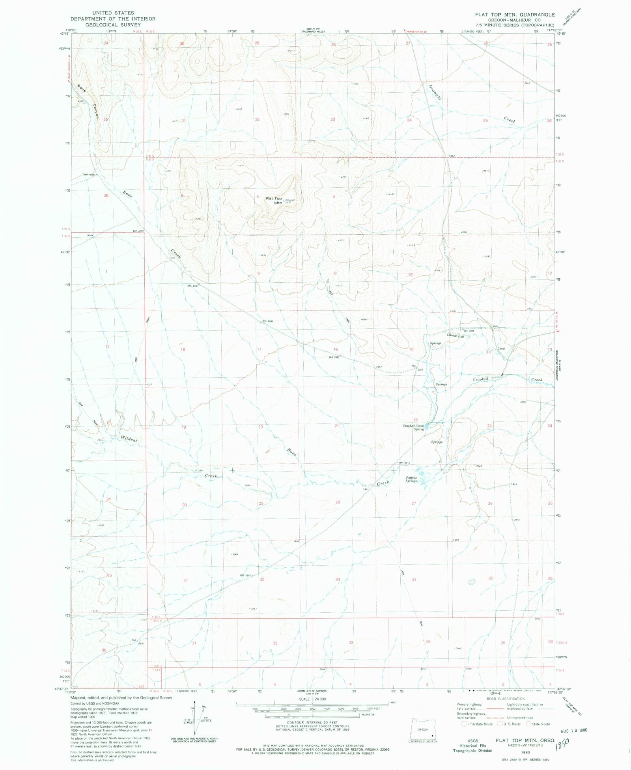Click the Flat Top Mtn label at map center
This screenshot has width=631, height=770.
pyautogui.click(x=274, y=201)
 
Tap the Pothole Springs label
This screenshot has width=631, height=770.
pyautogui.click(x=411, y=479)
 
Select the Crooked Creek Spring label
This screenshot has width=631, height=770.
pyautogui.click(x=413, y=427)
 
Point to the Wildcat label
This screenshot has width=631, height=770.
pyautogui.click(x=129, y=438)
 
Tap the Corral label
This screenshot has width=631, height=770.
pyautogui.click(x=501, y=349)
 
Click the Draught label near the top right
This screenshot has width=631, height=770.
pyautogui.click(x=435, y=92)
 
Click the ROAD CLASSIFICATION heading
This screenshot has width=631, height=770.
pyautogui.click(x=505, y=699)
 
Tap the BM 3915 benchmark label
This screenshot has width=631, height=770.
pyautogui.click(x=405, y=462)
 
